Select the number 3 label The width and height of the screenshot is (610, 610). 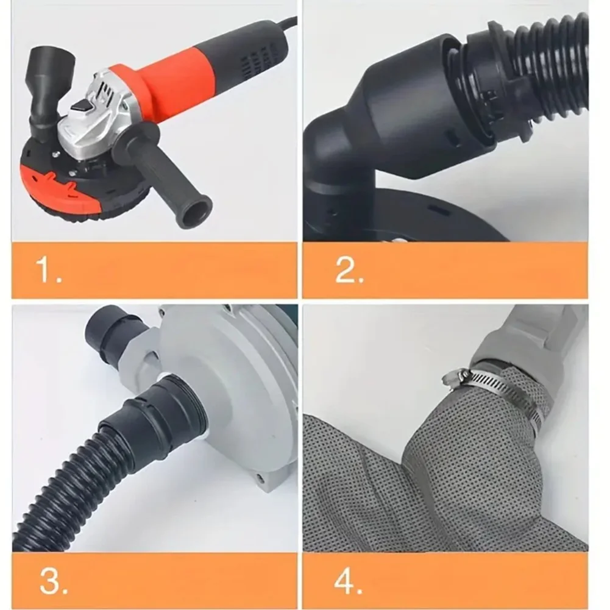coord(53,581)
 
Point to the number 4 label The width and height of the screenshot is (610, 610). coord(348,581)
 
